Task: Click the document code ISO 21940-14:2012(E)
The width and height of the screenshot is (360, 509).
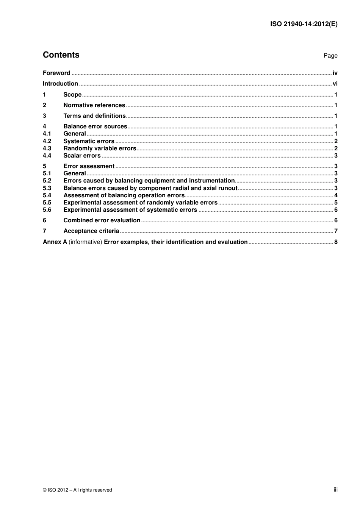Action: point(304,24)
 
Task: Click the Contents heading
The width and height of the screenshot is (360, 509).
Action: point(61,55)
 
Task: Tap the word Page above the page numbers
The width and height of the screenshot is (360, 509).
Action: point(330,56)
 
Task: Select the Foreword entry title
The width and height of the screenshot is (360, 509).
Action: point(56,73)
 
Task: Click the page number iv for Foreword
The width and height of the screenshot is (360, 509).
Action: point(335,73)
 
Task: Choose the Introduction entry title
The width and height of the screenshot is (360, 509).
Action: point(60,84)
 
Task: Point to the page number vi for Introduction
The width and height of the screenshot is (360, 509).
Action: point(335,84)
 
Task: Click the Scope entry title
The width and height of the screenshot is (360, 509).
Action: point(72,95)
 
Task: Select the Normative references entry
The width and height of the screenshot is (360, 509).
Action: point(94,105)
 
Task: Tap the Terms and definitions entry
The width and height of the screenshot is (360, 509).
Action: point(94,116)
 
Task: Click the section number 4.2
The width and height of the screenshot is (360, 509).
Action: point(47,141)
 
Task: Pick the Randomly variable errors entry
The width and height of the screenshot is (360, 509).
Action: point(100,148)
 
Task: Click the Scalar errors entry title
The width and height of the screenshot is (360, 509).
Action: point(82,156)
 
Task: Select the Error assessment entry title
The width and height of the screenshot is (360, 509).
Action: point(89,166)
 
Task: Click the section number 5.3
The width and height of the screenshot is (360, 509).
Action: point(47,188)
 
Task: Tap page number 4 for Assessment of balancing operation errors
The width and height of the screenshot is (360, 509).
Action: point(336,195)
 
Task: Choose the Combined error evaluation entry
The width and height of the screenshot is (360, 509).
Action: point(102,220)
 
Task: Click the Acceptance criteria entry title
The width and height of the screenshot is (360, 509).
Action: point(91,231)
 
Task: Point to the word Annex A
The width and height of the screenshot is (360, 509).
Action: point(55,242)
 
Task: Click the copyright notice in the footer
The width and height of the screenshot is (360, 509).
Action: point(77,490)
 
